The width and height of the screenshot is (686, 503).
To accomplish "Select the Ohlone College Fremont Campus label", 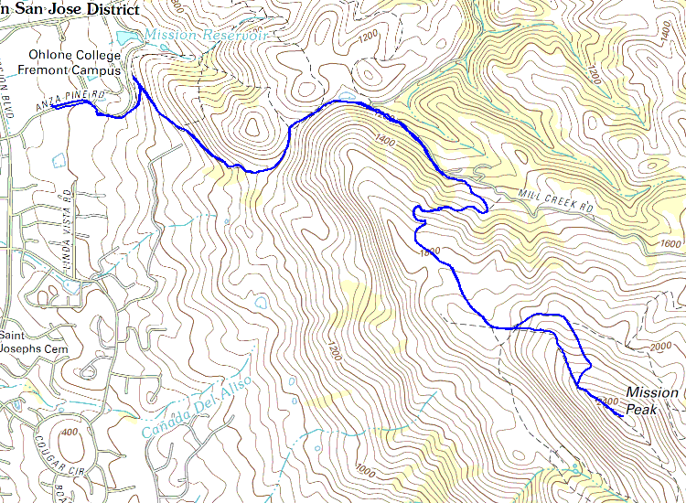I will pos(75,62).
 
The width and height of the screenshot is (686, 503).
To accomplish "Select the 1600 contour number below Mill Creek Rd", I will pos(670,244).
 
